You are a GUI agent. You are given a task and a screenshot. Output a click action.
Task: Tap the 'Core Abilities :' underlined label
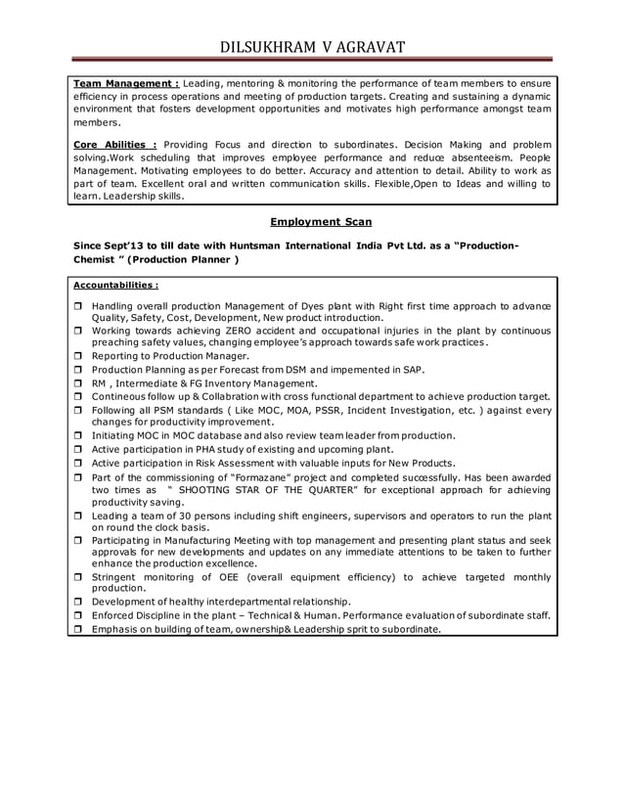click(115, 145)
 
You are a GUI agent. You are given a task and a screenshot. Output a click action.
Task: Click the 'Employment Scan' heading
click(320, 222)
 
